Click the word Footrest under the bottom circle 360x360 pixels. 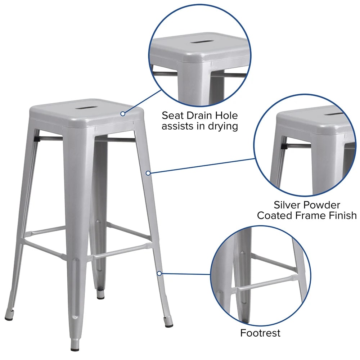pyautogui.click(x=260, y=333)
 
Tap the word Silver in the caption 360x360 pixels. pyautogui.click(x=287, y=205)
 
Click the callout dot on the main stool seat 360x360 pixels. pyautogui.click(x=123, y=114)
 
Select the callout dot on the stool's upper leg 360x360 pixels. pyautogui.click(x=148, y=173)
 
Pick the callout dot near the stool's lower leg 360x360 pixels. pyautogui.click(x=159, y=274)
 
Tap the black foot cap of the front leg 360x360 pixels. pyautogui.click(x=74, y=350)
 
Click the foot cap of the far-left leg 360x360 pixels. pyautogui.click(x=9, y=319)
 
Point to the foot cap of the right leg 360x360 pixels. pyautogui.click(x=169, y=325)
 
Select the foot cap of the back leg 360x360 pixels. pyautogui.click(x=100, y=297)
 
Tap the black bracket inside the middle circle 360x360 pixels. pyautogui.click(x=284, y=146)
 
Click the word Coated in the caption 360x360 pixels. pyautogui.click(x=274, y=215)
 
